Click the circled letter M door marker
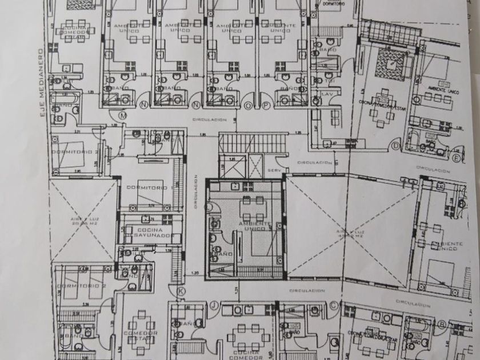point(122,115)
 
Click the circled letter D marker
point(395,146)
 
